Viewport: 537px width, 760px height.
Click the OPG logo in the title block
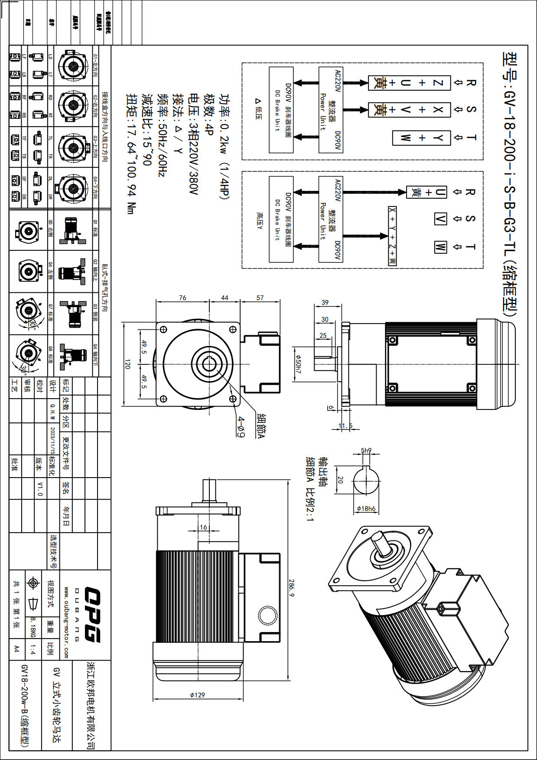(x=92, y=615)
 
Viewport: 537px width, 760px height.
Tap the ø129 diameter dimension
(x=197, y=695)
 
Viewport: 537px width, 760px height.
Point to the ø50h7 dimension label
(x=298, y=364)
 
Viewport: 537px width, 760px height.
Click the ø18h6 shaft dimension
(x=366, y=508)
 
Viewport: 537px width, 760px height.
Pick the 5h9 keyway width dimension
(x=366, y=450)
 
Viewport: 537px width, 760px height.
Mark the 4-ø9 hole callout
(x=241, y=427)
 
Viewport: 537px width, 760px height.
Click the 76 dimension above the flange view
(x=182, y=298)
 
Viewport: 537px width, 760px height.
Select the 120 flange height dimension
(x=127, y=364)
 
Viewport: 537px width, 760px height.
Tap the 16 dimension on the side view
(x=203, y=527)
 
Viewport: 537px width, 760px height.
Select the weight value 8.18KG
(x=33, y=628)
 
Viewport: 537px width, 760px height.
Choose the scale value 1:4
(x=33, y=649)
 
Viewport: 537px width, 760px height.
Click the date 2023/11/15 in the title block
(x=53, y=440)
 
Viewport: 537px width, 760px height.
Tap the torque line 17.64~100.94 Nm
(x=131, y=154)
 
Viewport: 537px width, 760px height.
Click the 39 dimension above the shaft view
(x=325, y=302)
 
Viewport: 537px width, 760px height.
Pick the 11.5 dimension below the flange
(x=345, y=426)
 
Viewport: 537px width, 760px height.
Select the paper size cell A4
(x=16, y=649)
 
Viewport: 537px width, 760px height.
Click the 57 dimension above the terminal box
(x=260, y=298)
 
